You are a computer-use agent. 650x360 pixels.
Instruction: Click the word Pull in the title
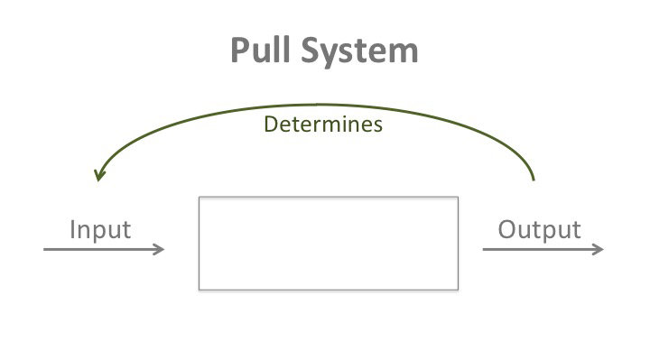pyautogui.click(x=258, y=50)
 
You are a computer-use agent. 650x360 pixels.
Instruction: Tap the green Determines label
pyautogui.click(x=323, y=125)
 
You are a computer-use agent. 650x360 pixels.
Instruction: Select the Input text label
pyautogui.click(x=100, y=229)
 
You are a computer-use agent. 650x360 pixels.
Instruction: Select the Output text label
pyautogui.click(x=539, y=229)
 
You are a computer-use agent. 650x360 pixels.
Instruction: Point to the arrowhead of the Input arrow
pyautogui.click(x=162, y=250)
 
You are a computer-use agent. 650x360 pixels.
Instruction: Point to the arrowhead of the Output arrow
pyautogui.click(x=600, y=250)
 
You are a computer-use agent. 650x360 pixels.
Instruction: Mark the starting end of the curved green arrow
pyautogui.click(x=534, y=180)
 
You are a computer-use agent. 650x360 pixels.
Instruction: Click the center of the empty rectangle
pyautogui.click(x=329, y=244)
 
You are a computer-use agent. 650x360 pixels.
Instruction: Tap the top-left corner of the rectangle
pyautogui.click(x=200, y=197)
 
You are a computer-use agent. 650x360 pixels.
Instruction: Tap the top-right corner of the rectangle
pyautogui.click(x=458, y=197)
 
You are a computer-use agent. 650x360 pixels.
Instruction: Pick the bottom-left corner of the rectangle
pyautogui.click(x=200, y=290)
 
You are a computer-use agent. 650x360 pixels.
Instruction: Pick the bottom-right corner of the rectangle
pyautogui.click(x=458, y=290)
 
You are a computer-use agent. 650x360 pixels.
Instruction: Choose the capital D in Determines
pyautogui.click(x=270, y=125)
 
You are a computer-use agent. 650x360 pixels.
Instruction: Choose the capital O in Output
pyautogui.click(x=507, y=229)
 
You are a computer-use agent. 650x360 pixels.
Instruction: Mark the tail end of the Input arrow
pyautogui.click(x=45, y=250)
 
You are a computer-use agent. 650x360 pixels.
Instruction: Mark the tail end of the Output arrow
pyautogui.click(x=484, y=250)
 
